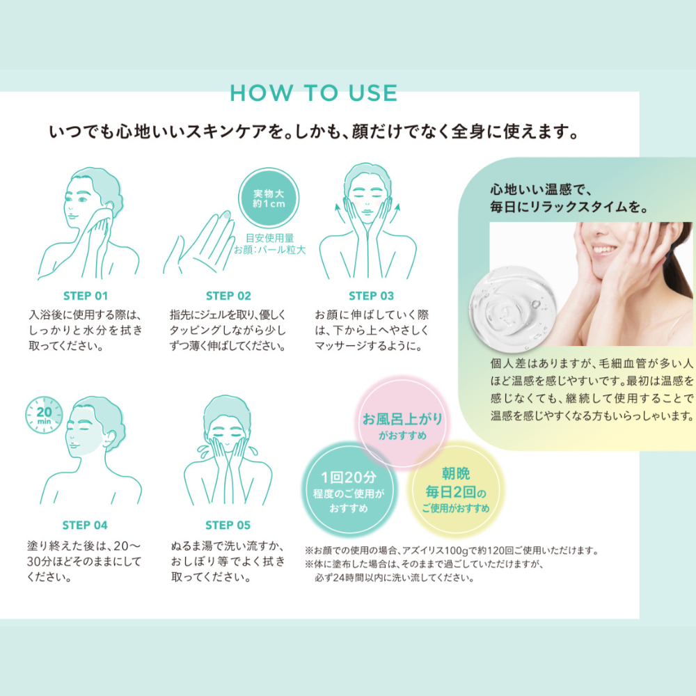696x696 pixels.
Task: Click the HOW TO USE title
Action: [x=313, y=93]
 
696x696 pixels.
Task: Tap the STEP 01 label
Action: [x=86, y=296]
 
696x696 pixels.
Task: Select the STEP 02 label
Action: [x=228, y=296]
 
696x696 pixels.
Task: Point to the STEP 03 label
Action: [x=371, y=296]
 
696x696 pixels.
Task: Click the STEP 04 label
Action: [x=85, y=525]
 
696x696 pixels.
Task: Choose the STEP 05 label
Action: [x=228, y=525]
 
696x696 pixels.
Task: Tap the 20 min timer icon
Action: [x=44, y=415]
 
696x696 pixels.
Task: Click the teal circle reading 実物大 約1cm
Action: [x=269, y=198]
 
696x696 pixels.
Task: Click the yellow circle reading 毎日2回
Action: [x=455, y=490]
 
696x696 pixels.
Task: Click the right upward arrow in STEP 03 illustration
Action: [x=395, y=214]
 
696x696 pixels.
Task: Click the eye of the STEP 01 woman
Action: [x=82, y=199]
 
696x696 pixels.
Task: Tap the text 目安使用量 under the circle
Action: [x=270, y=238]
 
